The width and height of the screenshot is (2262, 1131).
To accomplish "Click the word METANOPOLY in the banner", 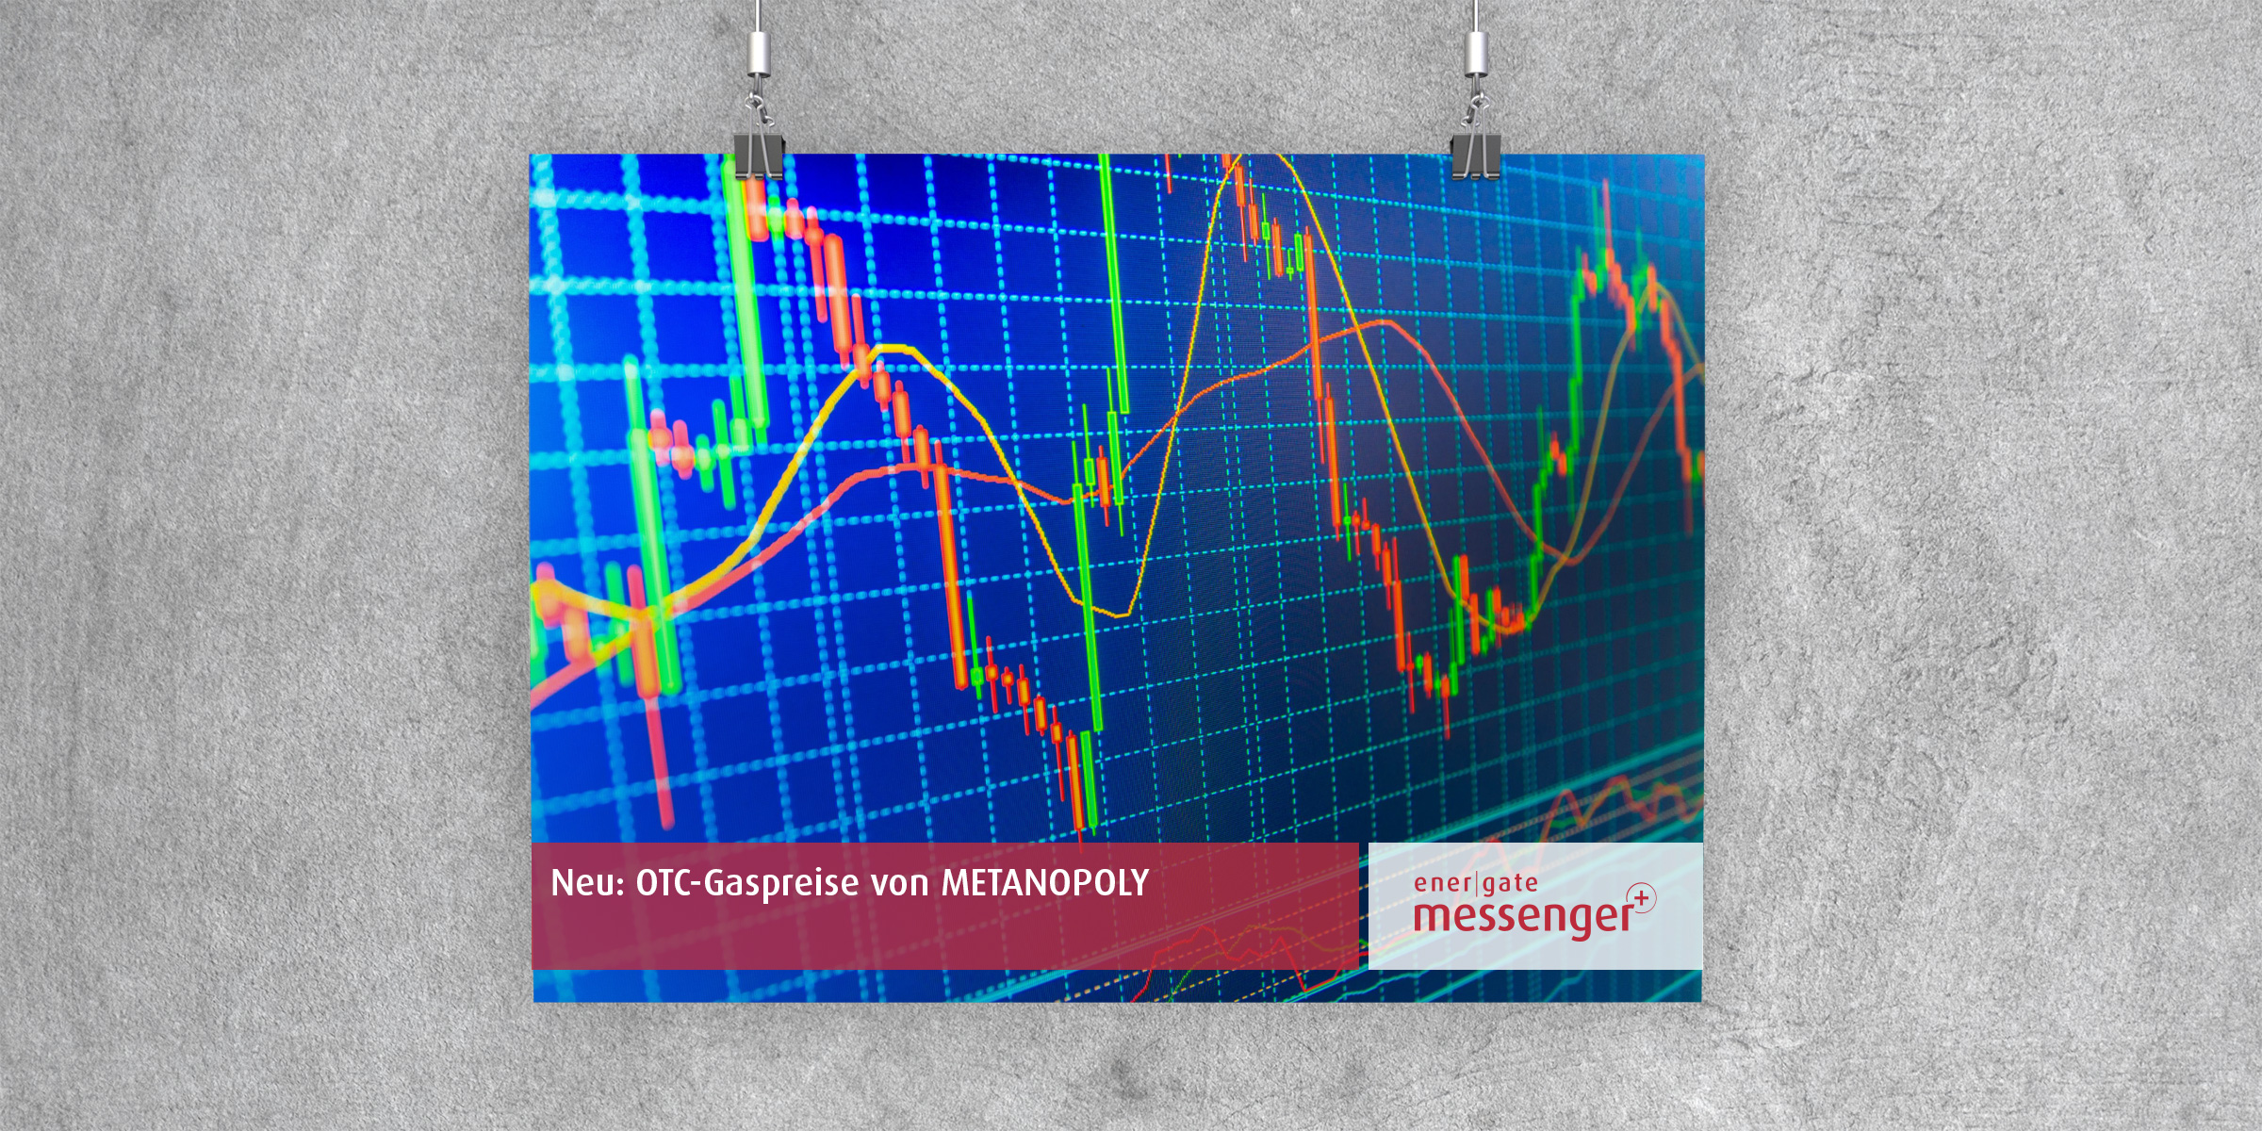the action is pyautogui.click(x=1045, y=883).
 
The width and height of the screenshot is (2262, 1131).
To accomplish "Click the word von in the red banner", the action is pyautogui.click(x=900, y=887).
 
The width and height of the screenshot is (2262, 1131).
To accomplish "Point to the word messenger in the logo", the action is pyautogui.click(x=1523, y=916).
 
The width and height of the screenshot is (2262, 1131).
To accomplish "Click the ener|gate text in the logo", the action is pyautogui.click(x=1476, y=883).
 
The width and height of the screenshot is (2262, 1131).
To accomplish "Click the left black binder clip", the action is pyautogui.click(x=759, y=156).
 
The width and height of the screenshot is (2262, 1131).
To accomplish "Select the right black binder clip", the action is pyautogui.click(x=1476, y=156).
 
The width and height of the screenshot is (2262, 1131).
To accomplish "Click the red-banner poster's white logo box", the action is pyautogui.click(x=1535, y=906).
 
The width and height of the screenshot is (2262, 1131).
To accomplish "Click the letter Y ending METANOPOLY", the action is pyautogui.click(x=1139, y=883).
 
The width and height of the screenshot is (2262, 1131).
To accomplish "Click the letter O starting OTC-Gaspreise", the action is pyautogui.click(x=647, y=884).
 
